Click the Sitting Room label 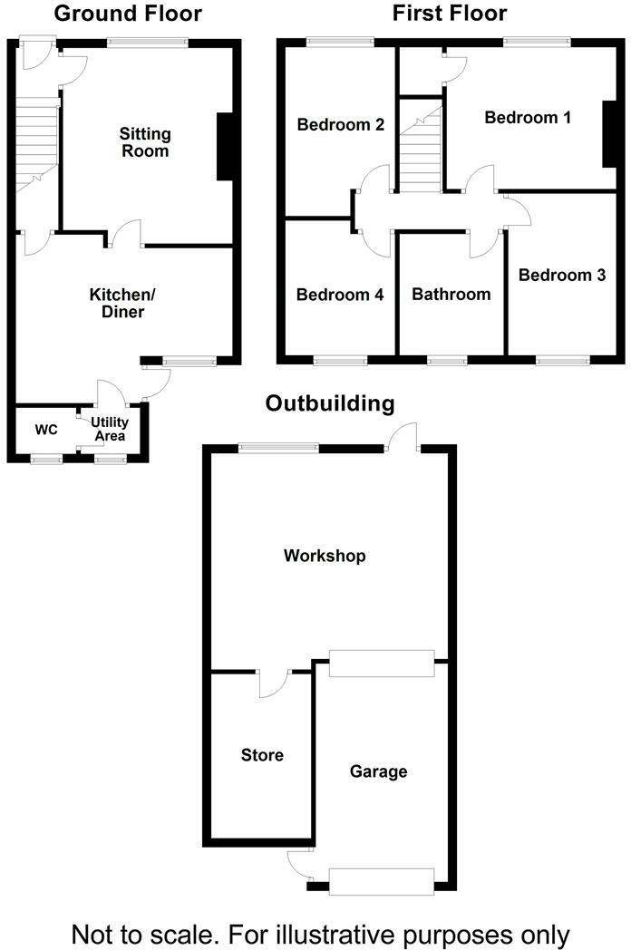[145, 142]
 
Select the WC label [46, 429]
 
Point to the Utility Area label [109, 430]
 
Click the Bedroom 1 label [528, 117]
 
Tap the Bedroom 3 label [561, 274]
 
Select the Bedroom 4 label [340, 295]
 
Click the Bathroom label [451, 294]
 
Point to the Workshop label [325, 555]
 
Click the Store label [262, 755]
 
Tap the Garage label [378, 771]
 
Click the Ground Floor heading [128, 14]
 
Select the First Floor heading [449, 14]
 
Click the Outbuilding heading [329, 403]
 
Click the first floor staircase [421, 150]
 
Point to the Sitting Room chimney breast [226, 147]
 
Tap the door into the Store [273, 683]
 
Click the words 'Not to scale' [144, 933]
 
